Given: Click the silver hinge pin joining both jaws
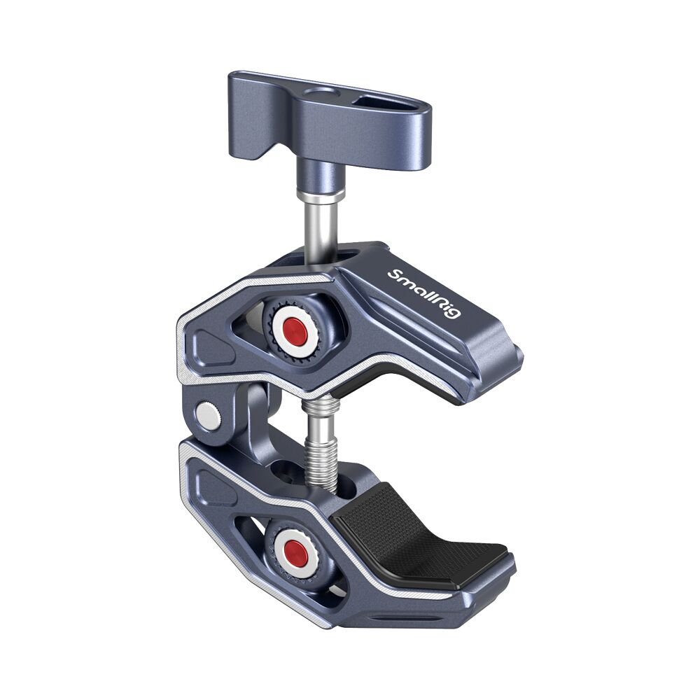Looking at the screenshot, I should point(206,416).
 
